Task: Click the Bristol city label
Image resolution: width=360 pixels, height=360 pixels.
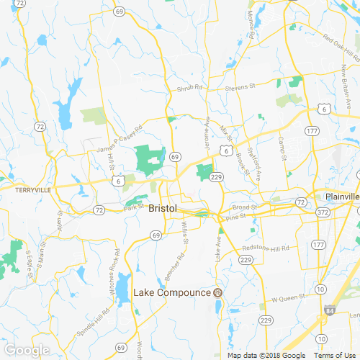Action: click(x=162, y=208)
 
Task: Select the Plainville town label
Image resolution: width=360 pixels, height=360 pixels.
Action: click(x=342, y=197)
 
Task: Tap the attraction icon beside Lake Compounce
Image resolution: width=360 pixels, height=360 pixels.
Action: click(x=217, y=292)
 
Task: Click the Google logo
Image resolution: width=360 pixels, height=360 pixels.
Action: click(x=27, y=350)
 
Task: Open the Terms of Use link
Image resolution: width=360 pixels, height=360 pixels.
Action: click(x=333, y=355)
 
